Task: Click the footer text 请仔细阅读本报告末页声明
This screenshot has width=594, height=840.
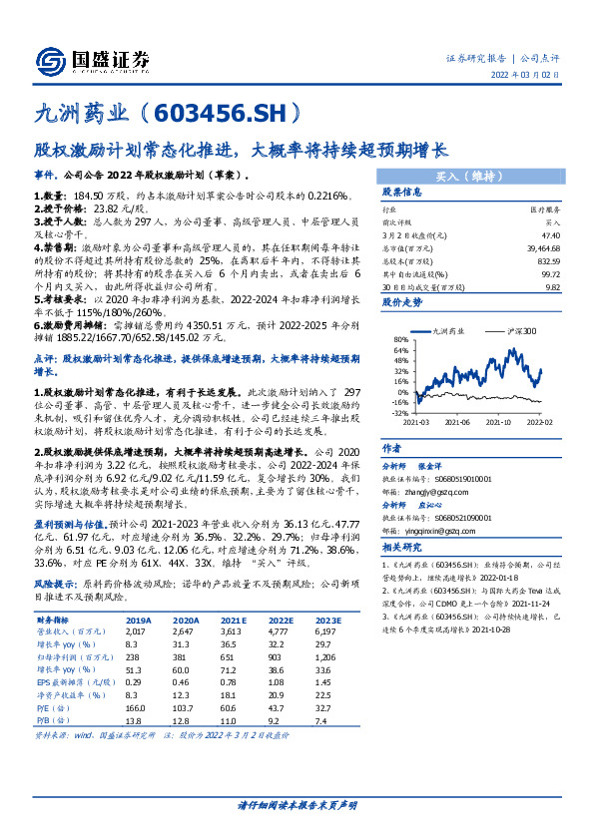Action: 297,804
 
